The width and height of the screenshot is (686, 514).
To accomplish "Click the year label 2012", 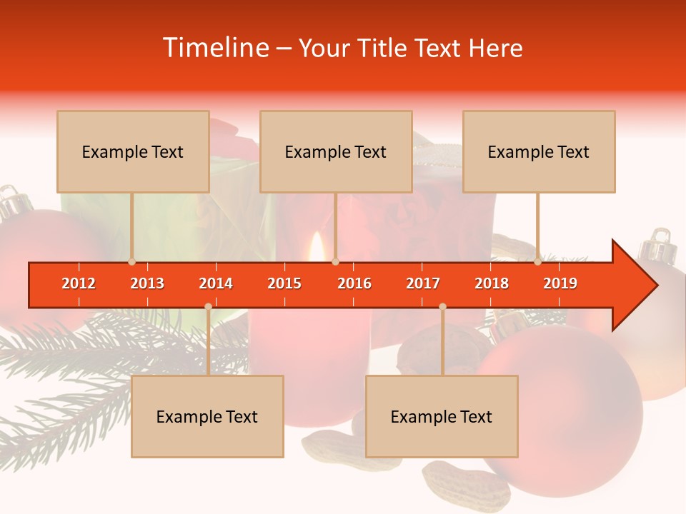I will pyautogui.click(x=79, y=283).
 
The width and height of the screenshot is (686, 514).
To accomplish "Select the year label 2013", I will pyautogui.click(x=147, y=283).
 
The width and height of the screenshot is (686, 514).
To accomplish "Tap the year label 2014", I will pyautogui.click(x=216, y=283).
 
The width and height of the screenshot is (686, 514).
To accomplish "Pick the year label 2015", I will pyautogui.click(x=284, y=283).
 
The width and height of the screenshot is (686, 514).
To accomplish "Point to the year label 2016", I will pyautogui.click(x=354, y=283).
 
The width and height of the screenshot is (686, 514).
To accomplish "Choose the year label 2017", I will pyautogui.click(x=423, y=283).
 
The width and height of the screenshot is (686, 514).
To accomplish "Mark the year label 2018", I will pyautogui.click(x=492, y=283).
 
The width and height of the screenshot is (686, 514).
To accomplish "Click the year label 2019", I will pyautogui.click(x=560, y=283).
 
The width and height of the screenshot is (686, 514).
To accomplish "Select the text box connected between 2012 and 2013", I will pyautogui.click(x=133, y=151).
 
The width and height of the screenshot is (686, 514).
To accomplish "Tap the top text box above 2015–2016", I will pyautogui.click(x=336, y=151).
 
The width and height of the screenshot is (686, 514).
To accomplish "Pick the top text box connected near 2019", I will pyautogui.click(x=539, y=151).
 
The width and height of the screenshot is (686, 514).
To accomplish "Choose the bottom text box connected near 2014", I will pyautogui.click(x=207, y=416).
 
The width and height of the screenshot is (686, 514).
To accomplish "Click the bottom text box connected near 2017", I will pyautogui.click(x=442, y=416).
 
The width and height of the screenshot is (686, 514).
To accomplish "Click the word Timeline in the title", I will pyautogui.click(x=215, y=48).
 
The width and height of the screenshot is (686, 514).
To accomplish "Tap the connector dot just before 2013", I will pyautogui.click(x=131, y=262).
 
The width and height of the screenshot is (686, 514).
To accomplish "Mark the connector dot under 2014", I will pyautogui.click(x=208, y=306).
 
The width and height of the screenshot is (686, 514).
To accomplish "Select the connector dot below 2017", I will pyautogui.click(x=442, y=306).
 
